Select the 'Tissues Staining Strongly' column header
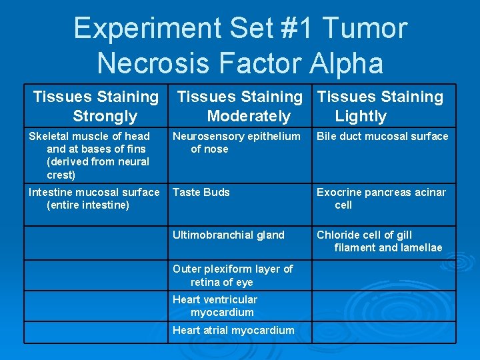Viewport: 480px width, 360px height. (x=96, y=106)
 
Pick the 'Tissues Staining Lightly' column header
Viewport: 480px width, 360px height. (x=380, y=106)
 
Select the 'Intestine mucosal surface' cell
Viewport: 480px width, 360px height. (x=93, y=198)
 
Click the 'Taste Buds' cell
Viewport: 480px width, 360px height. (x=201, y=192)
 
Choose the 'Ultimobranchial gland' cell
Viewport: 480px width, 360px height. (x=228, y=235)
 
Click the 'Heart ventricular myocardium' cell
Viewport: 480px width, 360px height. (x=215, y=305)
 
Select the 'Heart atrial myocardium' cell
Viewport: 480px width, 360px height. (x=233, y=330)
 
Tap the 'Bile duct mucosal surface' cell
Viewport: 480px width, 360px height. (x=382, y=136)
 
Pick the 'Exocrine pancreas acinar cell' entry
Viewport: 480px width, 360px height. (x=381, y=198)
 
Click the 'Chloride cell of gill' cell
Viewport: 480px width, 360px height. (x=379, y=241)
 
